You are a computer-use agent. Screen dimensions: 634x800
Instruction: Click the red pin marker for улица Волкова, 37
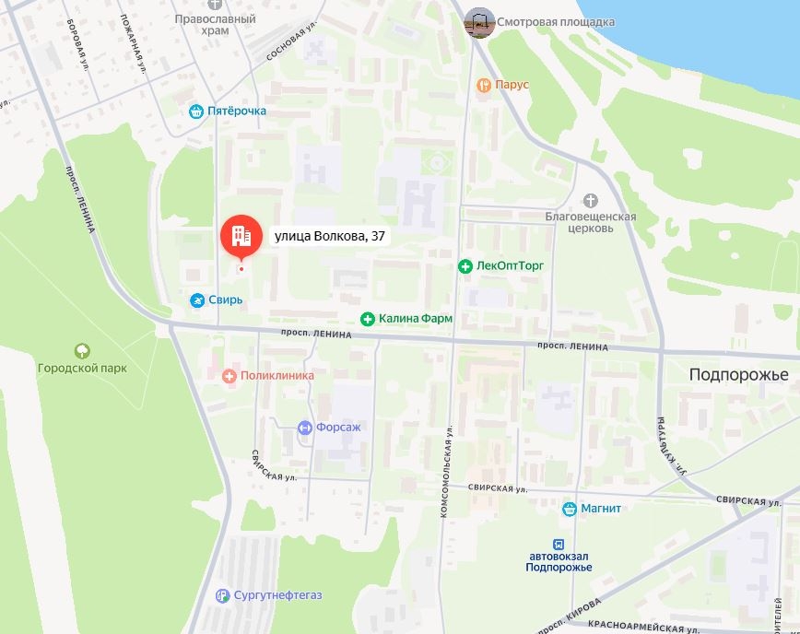pyautogui.click(x=240, y=238)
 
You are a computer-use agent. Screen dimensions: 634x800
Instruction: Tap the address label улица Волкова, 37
pyautogui.click(x=329, y=237)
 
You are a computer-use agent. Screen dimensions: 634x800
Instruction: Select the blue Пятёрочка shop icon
pyautogui.click(x=195, y=112)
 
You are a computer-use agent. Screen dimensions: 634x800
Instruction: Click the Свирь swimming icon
pyautogui.click(x=197, y=301)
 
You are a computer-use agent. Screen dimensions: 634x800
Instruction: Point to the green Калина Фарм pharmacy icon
pyautogui.click(x=368, y=319)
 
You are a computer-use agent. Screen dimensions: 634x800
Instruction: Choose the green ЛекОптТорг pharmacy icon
pyautogui.click(x=465, y=266)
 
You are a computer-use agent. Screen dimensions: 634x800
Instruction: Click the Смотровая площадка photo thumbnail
pyautogui.click(x=478, y=22)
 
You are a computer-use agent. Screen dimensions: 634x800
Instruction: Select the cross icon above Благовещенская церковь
pyautogui.click(x=591, y=200)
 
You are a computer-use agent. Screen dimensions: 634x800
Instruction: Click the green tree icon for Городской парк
pyautogui.click(x=82, y=351)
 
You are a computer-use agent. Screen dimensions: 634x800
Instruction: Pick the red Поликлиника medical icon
pyautogui.click(x=229, y=376)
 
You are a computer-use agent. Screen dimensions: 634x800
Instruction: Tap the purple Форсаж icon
pyautogui.click(x=305, y=428)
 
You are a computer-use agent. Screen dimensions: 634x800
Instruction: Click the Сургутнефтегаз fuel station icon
pyautogui.click(x=221, y=595)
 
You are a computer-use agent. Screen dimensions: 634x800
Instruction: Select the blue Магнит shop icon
pyautogui.click(x=570, y=509)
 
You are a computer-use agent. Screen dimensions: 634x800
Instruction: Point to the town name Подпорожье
pyautogui.click(x=739, y=375)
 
